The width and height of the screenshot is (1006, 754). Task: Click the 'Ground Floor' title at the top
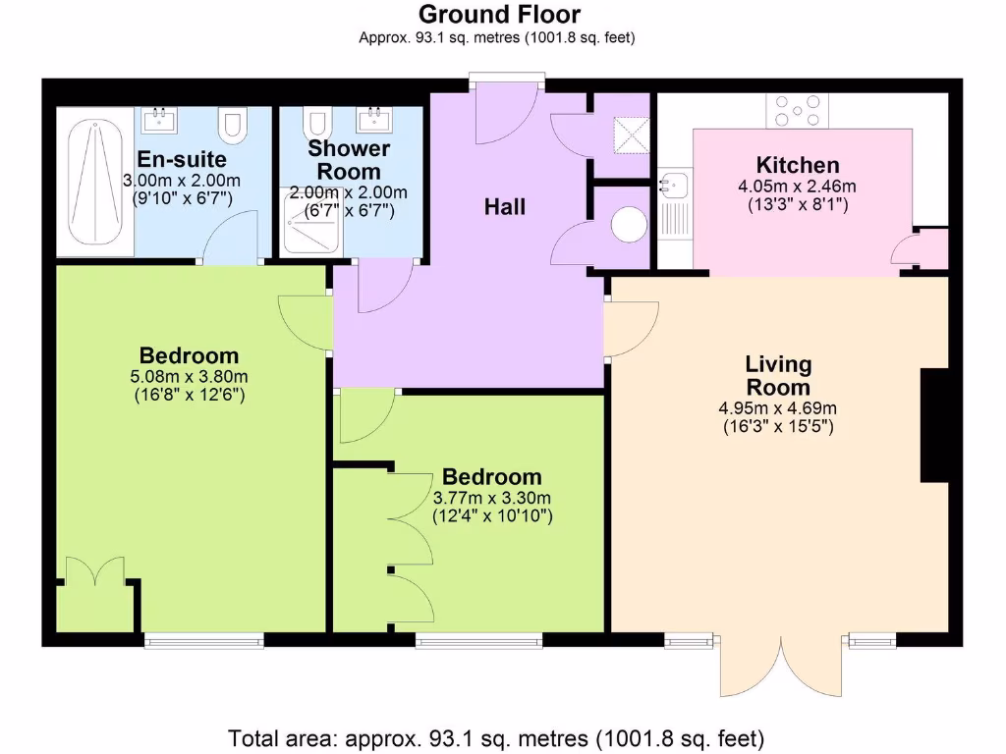(499, 15)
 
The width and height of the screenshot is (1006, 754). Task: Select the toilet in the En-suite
(233, 125)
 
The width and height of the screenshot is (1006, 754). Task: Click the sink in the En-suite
(157, 120)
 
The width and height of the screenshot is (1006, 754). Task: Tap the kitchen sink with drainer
(675, 202)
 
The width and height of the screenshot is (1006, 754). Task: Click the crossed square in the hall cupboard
(629, 132)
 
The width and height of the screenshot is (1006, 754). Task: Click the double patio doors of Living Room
(782, 668)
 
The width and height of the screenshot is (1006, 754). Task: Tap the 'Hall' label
(505, 207)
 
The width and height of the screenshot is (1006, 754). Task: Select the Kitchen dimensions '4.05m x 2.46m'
(797, 187)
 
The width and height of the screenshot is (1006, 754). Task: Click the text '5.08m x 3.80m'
(189, 376)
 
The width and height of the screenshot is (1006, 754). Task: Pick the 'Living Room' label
(777, 376)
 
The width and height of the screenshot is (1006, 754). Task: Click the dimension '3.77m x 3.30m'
(492, 498)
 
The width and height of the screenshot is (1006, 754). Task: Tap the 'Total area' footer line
(496, 737)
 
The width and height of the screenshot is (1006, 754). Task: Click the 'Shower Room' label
(349, 160)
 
